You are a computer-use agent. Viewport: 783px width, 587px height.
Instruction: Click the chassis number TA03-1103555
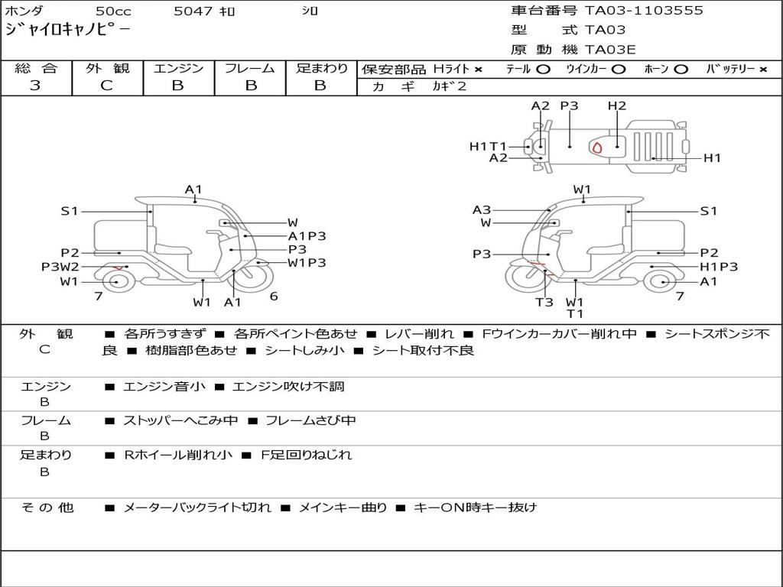(644, 11)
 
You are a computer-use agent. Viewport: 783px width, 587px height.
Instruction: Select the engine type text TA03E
(609, 50)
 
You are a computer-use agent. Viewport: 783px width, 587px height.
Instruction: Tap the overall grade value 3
(35, 86)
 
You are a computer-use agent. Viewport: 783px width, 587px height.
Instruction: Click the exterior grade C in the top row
(107, 86)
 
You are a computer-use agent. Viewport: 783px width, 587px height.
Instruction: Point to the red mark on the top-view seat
(597, 147)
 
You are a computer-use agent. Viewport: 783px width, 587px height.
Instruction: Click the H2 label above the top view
(617, 105)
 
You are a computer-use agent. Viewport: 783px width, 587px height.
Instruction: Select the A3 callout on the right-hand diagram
(482, 209)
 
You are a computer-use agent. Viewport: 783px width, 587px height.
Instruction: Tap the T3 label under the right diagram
(544, 302)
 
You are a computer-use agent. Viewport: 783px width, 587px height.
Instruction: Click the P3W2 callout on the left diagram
(60, 267)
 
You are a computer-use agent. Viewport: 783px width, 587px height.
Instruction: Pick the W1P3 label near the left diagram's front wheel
(307, 263)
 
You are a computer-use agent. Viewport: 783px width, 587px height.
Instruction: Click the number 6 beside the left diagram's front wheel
(274, 296)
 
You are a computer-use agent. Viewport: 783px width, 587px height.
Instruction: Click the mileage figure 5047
(193, 11)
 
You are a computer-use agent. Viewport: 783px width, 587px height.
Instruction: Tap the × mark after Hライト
(479, 70)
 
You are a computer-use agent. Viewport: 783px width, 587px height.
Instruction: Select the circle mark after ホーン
(681, 70)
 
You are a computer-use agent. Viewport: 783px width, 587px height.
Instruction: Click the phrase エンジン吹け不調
(288, 386)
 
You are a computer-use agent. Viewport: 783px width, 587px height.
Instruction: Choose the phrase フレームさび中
(310, 420)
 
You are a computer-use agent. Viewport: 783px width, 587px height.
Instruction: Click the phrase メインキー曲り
(343, 508)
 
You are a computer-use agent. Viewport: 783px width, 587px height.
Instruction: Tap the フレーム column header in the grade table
(250, 68)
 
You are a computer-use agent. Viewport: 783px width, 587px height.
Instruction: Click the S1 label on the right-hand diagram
(709, 211)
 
